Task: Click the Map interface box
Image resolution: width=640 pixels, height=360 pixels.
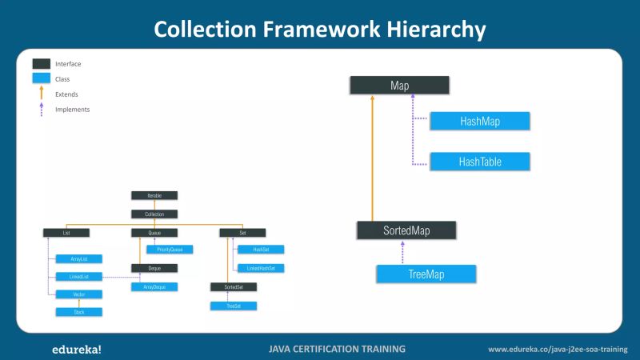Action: [x=400, y=85]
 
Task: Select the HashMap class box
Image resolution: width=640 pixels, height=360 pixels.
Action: [x=479, y=121]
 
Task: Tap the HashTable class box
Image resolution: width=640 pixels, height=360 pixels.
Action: [x=479, y=161]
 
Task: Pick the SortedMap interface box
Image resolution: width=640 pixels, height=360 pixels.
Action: [x=407, y=230]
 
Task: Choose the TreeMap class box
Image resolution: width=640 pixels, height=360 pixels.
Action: [x=426, y=274]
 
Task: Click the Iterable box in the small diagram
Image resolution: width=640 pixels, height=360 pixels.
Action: [x=154, y=195]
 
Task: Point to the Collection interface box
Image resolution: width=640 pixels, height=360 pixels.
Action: [x=154, y=214]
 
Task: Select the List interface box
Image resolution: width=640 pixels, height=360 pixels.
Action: [x=66, y=233]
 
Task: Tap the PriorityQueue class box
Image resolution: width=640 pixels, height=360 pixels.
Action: [x=170, y=250]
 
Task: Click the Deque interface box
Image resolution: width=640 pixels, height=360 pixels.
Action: [x=154, y=268]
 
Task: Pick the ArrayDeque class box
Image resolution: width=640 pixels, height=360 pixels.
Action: [x=154, y=286]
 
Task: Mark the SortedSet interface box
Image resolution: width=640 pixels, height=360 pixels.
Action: [x=234, y=286]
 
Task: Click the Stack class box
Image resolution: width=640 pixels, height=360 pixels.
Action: [x=78, y=312]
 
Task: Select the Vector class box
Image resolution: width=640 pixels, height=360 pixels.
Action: [x=78, y=294]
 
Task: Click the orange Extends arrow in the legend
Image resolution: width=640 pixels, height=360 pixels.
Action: [x=42, y=93]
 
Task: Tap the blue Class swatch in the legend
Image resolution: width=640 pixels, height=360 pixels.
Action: [x=42, y=78]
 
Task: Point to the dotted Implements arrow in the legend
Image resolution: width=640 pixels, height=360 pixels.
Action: [x=42, y=109]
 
